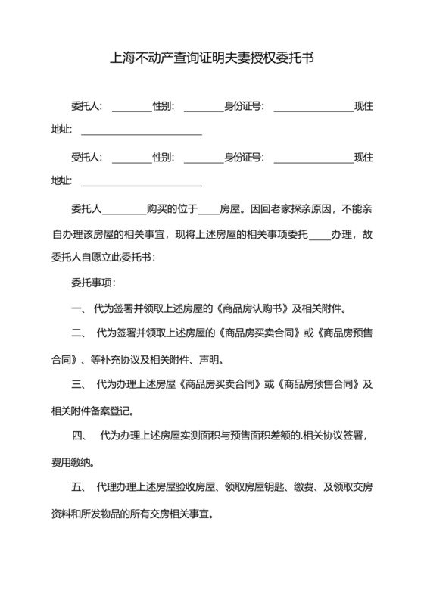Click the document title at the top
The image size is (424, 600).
click(212, 58)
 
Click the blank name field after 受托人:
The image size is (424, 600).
click(132, 158)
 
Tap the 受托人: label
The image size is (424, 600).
click(87, 158)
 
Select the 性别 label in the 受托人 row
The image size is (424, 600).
click(164, 158)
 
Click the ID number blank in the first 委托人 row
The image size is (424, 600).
click(313, 107)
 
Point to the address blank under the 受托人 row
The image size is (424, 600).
click(142, 182)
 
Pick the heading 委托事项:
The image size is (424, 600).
click(92, 283)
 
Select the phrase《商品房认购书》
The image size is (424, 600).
click(254, 308)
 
